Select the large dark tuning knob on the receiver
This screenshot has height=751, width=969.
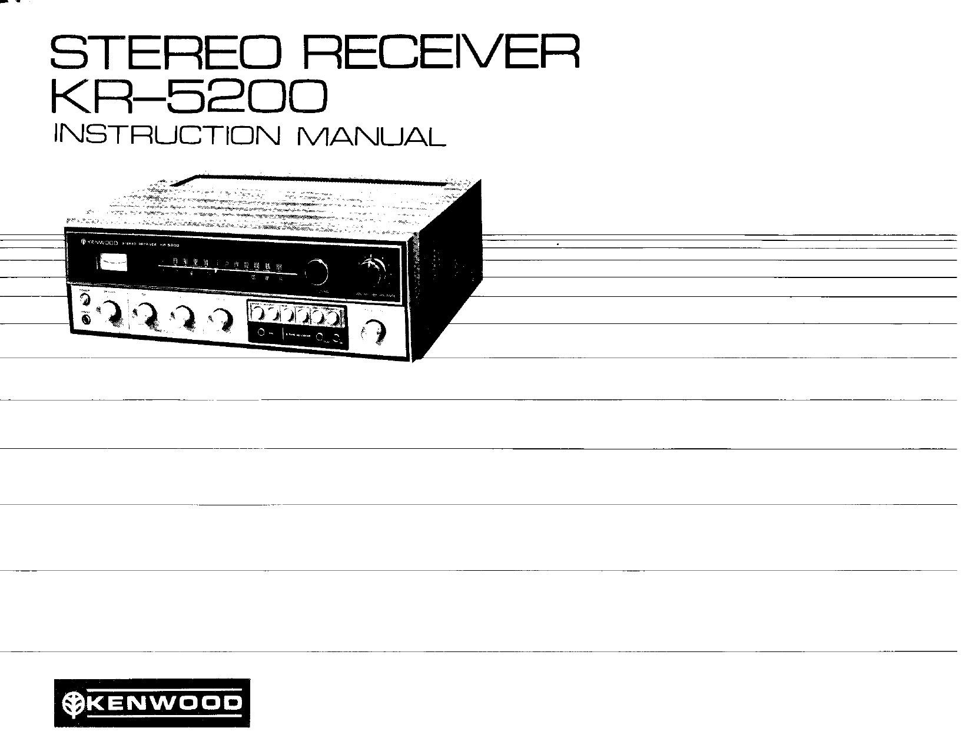tap(316, 271)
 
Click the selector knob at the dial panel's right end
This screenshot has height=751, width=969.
tap(374, 270)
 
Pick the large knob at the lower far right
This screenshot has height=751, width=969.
tap(373, 333)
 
